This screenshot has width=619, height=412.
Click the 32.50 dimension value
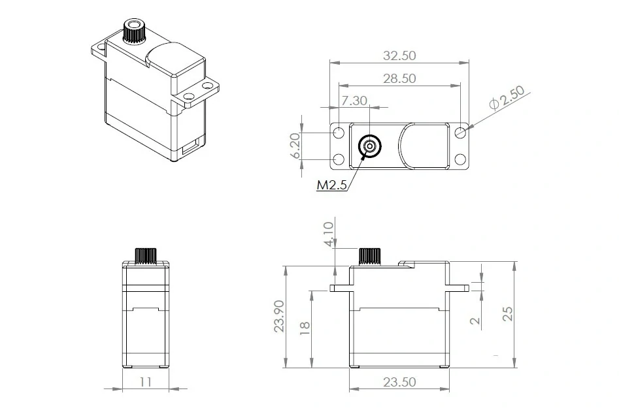click(399, 56)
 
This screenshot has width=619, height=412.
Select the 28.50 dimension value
click(399, 78)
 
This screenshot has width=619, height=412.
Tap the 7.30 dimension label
click(354, 101)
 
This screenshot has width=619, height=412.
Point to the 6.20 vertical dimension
click(295, 146)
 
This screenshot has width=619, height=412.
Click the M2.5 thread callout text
click(331, 185)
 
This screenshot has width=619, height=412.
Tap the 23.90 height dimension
click(279, 317)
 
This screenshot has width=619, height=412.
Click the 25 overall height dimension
click(507, 313)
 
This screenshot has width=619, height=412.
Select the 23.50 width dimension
click(399, 382)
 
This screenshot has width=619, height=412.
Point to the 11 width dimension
click(146, 381)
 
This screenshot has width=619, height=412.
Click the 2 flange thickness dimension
click(475, 320)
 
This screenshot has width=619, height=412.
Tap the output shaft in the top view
click(371, 146)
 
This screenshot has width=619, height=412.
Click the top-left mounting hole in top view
click(339, 133)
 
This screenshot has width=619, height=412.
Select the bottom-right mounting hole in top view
click(460, 159)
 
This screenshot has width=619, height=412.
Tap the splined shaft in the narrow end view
click(146, 255)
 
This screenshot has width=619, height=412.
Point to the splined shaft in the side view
click(371, 255)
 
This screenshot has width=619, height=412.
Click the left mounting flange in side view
click(341, 287)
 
